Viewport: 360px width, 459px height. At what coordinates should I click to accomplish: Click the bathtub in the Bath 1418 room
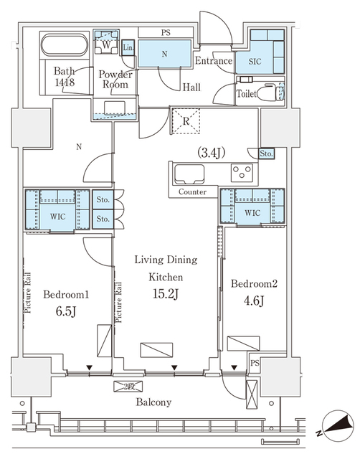(63, 48)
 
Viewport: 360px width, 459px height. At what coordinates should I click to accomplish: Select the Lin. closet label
(128, 48)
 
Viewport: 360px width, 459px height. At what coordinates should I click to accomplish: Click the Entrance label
(213, 61)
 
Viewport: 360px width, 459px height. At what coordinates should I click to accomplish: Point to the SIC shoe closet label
(255, 61)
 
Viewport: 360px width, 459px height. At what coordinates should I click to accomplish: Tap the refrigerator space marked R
(186, 121)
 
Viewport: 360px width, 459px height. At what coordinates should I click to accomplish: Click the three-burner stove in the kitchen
(242, 173)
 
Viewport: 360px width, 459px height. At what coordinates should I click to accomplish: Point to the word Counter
(193, 192)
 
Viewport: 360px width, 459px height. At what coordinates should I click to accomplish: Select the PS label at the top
(165, 32)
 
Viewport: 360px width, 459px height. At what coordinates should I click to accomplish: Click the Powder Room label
(114, 79)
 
